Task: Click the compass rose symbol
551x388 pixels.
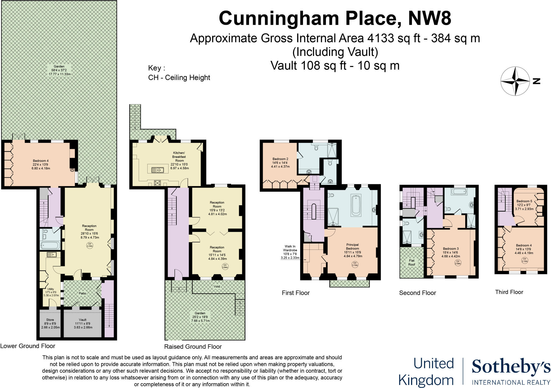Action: point(515,81)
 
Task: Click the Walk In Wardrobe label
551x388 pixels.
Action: point(290,252)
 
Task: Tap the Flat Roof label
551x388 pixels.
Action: point(412,262)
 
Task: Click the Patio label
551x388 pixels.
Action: point(83,293)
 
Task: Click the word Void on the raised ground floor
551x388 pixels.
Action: point(217,286)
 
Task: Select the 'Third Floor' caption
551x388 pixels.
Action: point(509,292)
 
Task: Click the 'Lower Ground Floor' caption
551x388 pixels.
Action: point(28,346)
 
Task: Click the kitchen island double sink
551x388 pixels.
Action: point(157,170)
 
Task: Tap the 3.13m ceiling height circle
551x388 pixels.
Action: point(355,264)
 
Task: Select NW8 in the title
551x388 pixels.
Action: point(430,18)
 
